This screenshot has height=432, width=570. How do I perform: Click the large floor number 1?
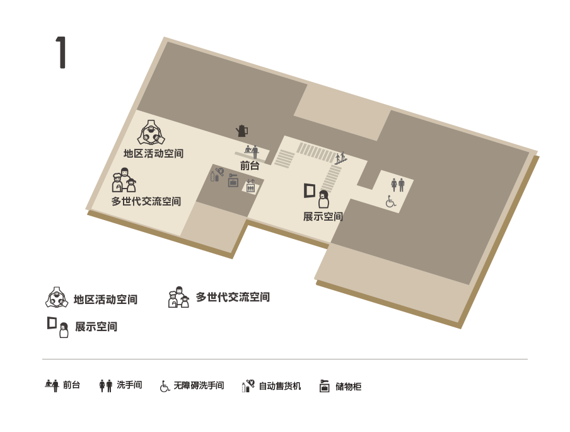[x=61, y=52]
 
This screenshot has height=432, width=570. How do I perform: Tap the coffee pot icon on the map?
[x=242, y=131]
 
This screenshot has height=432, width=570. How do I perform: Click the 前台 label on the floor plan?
[x=250, y=166]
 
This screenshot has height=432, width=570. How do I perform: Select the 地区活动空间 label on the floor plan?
[x=153, y=153]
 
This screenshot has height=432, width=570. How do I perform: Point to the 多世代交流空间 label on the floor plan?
[x=146, y=201]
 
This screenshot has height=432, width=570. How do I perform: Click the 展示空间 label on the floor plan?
[x=323, y=217]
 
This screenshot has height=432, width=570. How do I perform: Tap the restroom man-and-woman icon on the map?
[x=398, y=185]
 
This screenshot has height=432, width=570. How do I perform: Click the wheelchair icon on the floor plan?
[x=391, y=201]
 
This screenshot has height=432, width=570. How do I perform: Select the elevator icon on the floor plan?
[x=250, y=186]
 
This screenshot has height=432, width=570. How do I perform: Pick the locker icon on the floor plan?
[x=233, y=180]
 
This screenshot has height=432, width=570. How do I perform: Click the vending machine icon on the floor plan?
[x=217, y=174]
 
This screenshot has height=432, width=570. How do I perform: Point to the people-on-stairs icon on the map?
[x=340, y=158]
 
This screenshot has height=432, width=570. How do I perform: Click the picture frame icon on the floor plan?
[x=310, y=190]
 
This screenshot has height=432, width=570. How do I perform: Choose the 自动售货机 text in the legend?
[x=280, y=386]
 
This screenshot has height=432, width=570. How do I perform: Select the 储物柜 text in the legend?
[x=348, y=386]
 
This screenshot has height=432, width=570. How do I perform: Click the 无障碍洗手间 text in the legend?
[x=199, y=385]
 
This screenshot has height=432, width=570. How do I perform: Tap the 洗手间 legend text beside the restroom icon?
[x=129, y=385]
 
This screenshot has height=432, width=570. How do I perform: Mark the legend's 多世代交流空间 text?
[x=233, y=297]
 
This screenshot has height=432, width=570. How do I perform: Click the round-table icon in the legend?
[x=57, y=298]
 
